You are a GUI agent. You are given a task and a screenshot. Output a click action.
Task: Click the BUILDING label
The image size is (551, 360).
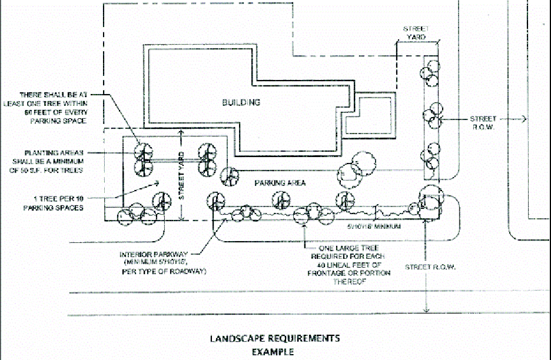(x=241, y=103)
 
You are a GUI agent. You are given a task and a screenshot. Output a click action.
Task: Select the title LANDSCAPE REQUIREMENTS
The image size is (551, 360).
(x=275, y=338)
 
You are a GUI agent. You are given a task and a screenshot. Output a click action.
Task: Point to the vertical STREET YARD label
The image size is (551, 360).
(x=181, y=175)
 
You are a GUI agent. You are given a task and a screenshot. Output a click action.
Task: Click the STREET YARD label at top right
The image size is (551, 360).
(x=416, y=33)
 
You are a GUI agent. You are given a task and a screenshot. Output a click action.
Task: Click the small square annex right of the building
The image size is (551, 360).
(x=369, y=116)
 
